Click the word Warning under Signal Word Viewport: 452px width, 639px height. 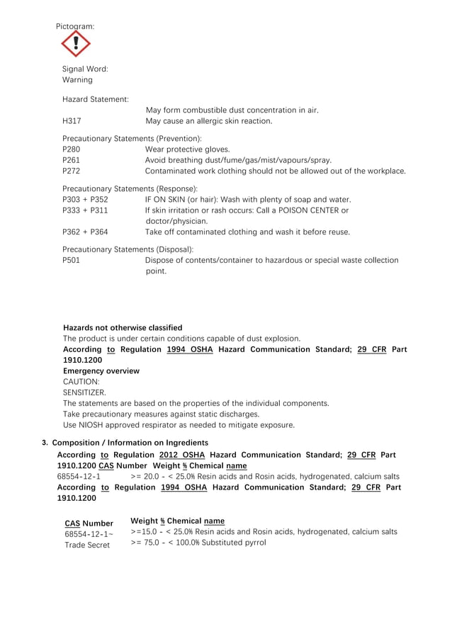tap(77, 80)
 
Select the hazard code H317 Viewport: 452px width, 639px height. tap(71, 121)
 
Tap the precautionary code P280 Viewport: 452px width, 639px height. tap(72, 149)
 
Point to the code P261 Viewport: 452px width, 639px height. tap(72, 160)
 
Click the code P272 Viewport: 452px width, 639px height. tap(72, 171)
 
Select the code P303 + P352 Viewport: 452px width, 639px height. tap(85, 200)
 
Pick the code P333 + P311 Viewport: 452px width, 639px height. tap(85, 210)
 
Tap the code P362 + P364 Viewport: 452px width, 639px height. tap(85, 232)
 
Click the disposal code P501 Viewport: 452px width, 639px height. tap(72, 260)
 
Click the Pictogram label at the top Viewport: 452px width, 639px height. tap(75, 26)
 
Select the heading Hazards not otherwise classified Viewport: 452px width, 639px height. tap(123, 328)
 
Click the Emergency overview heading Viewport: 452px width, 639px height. tap(101, 371)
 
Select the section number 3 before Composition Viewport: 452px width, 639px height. tap(45, 443)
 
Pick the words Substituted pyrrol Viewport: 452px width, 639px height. tap(232, 543)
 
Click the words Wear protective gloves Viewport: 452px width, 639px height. tap(187, 149)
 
